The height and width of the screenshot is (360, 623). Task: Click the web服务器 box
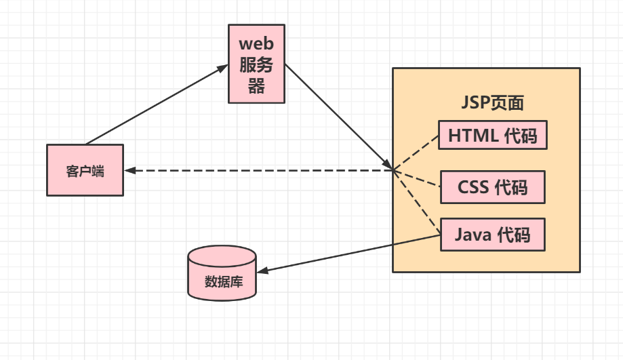point(256,64)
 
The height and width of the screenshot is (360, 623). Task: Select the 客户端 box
point(85,170)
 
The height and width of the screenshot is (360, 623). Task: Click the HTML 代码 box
point(492,135)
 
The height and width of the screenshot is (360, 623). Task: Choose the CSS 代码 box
point(492,186)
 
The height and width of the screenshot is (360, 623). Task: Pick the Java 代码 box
point(492,235)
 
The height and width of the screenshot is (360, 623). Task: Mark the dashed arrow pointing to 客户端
point(258,170)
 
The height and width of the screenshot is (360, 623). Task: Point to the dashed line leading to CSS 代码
point(418,178)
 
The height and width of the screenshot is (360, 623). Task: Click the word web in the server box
point(256,43)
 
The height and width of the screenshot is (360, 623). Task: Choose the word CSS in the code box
point(473,186)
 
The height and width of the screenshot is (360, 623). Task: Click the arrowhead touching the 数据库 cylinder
point(262,271)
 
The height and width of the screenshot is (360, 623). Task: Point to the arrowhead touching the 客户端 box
point(130,170)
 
